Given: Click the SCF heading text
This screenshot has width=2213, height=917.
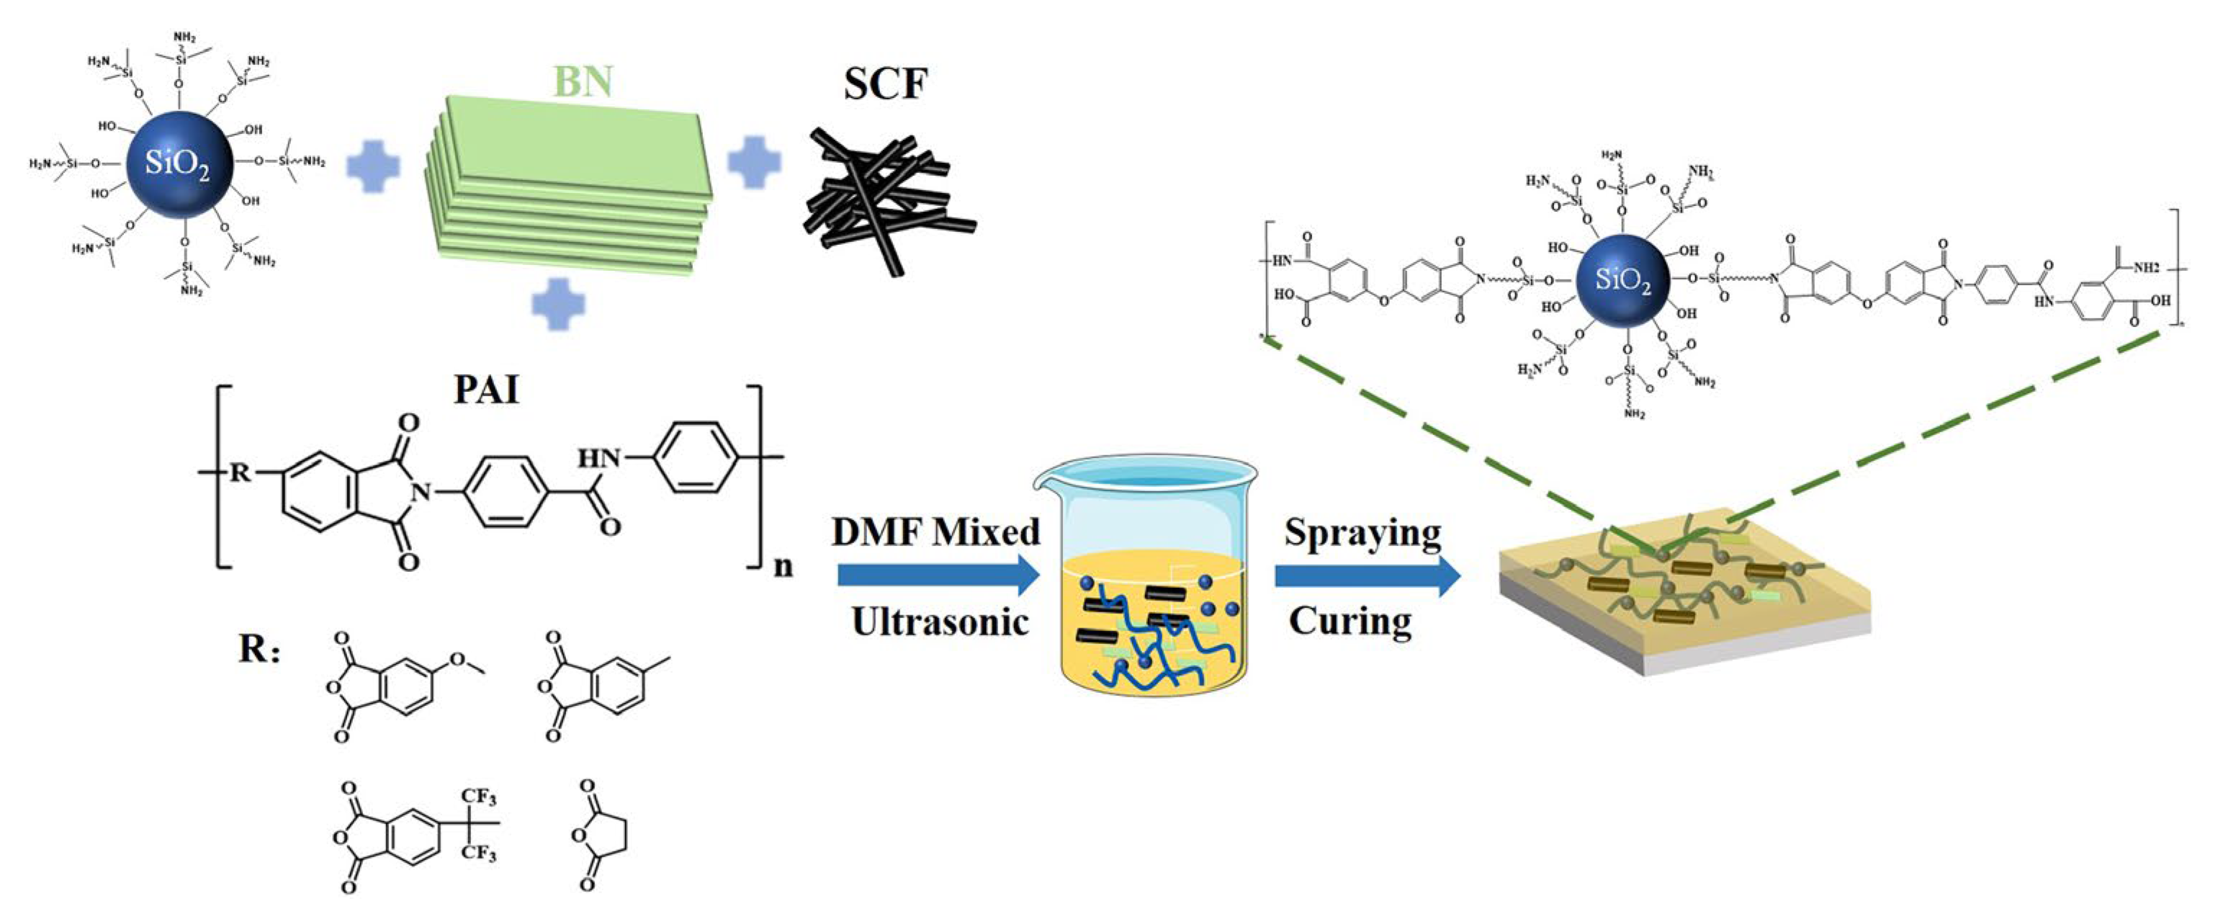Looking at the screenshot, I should tap(885, 84).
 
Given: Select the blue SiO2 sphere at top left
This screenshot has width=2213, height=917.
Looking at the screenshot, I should tap(179, 164).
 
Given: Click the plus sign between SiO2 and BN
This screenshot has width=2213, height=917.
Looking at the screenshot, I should tap(373, 164).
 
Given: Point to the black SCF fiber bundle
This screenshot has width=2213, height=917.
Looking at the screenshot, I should tap(885, 200).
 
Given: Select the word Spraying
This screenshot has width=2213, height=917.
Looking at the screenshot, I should tap(1363, 534).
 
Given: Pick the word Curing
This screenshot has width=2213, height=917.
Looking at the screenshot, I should tap(1350, 620).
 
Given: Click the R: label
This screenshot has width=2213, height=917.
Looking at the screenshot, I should tap(259, 649).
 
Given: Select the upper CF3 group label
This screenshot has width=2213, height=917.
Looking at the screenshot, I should tap(477, 797).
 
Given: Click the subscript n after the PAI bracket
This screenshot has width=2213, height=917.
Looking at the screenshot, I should tap(783, 567).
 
